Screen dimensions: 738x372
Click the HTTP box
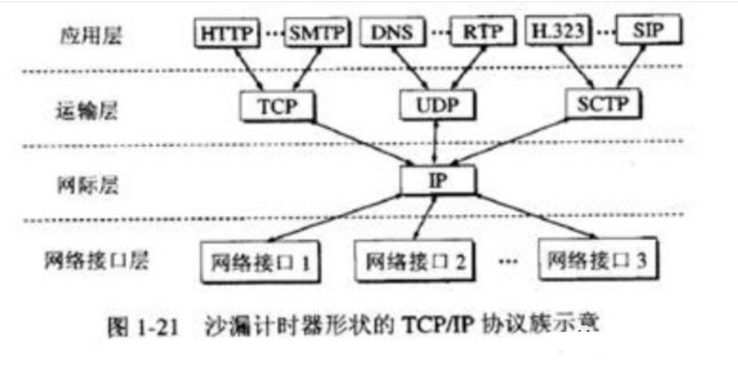click(228, 31)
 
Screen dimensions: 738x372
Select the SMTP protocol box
click(315, 31)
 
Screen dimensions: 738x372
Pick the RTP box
click(481, 31)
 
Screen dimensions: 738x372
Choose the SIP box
click(648, 30)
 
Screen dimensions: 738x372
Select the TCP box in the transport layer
click(276, 106)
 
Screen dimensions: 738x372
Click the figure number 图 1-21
click(143, 327)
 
